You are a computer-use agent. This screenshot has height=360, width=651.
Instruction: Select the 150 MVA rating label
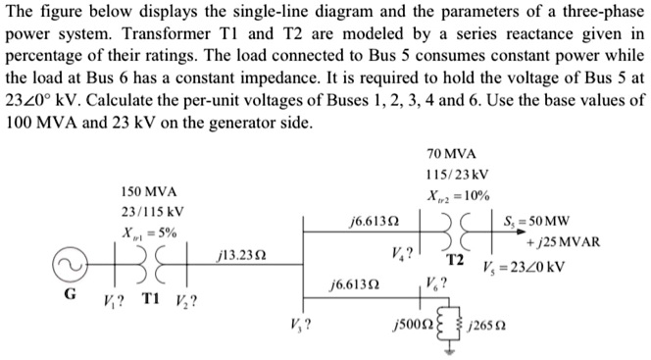coord(148,191)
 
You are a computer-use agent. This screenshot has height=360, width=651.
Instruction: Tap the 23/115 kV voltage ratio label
coord(148,211)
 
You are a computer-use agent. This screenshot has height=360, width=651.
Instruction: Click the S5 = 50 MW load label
coord(555,221)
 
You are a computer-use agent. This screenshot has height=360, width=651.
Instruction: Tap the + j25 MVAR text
coord(563,243)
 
